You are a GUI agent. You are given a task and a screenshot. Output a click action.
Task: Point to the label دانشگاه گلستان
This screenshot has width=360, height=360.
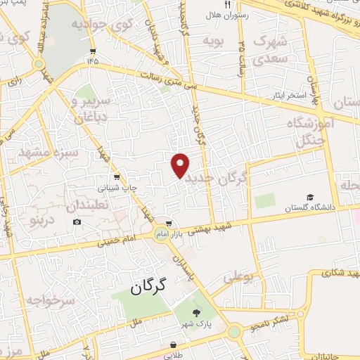click(x=311, y=208)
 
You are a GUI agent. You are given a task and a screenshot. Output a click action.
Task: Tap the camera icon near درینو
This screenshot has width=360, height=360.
click(x=77, y=222)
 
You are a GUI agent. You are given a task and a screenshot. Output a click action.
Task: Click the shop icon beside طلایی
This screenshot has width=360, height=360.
click(x=173, y=345)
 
